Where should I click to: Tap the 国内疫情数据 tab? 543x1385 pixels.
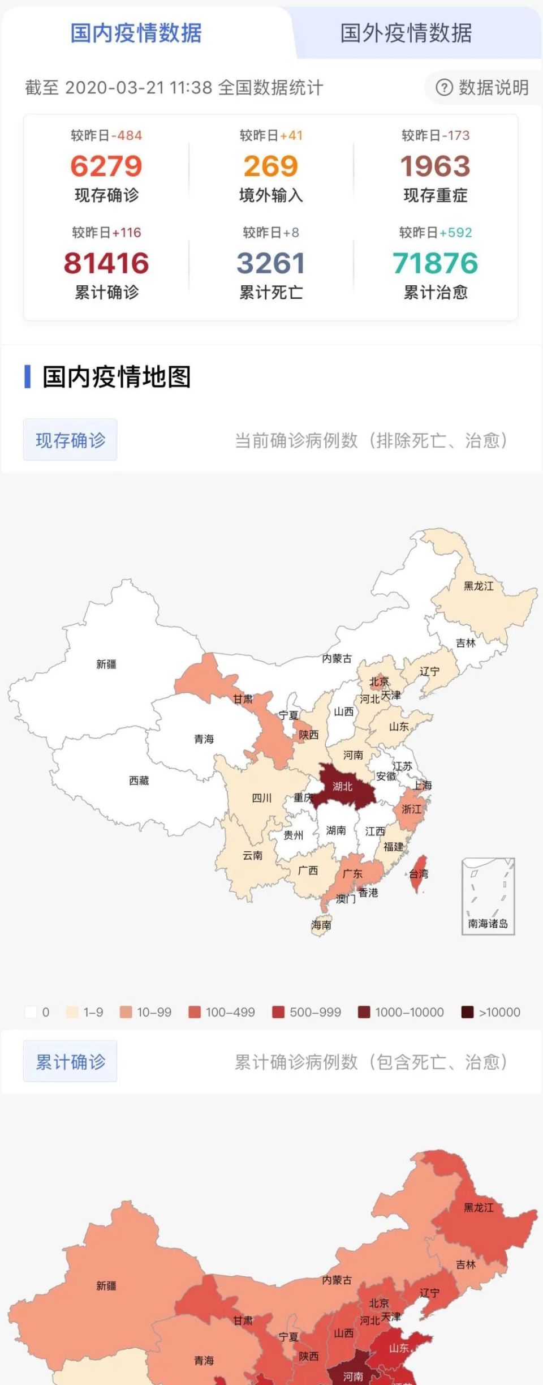136,33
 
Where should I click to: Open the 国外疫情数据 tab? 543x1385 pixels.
406,33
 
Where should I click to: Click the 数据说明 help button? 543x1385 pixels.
482,88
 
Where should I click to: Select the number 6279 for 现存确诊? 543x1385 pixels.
106,166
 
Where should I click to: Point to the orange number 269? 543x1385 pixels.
270,166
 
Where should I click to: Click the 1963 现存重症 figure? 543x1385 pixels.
435,166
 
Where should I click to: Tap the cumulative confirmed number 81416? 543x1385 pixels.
106,263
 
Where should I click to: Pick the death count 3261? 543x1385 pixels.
270,263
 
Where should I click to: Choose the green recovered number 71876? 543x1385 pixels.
435,263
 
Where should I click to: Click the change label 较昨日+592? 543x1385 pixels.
435,233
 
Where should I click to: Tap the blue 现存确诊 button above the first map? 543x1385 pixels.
70,440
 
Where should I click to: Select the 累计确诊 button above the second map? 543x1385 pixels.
70,1061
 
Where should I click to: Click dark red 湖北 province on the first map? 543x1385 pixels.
343,786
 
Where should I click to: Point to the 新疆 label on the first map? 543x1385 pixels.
106,664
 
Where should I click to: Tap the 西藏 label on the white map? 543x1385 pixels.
139,781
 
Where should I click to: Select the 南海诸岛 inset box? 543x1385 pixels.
488,896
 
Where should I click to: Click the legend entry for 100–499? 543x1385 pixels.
222,1012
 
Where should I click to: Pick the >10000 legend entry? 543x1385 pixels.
490,1012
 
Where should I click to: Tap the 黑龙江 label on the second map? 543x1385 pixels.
479,1207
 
